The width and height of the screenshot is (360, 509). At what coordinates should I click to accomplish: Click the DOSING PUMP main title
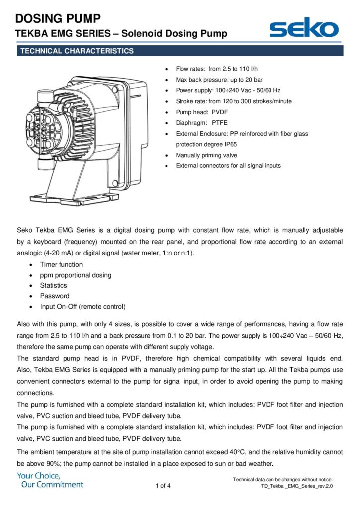click(x=58, y=19)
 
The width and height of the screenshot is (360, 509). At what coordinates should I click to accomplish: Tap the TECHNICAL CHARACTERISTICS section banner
click(x=76, y=51)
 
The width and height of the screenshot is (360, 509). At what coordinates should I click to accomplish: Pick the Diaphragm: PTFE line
click(x=201, y=123)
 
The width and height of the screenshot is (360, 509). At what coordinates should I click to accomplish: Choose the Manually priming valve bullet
click(x=206, y=155)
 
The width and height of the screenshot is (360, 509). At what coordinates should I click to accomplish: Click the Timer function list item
click(x=61, y=265)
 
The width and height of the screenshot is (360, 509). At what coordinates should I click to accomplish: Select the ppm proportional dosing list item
click(x=76, y=275)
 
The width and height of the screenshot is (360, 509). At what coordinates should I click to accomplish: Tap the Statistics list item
click(x=53, y=286)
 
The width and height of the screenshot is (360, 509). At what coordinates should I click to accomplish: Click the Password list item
click(x=55, y=296)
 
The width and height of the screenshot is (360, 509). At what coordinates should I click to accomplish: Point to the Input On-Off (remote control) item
click(x=83, y=307)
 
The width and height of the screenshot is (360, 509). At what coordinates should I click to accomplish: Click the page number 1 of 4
click(x=163, y=486)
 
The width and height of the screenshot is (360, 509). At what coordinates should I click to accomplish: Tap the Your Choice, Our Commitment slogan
click(x=50, y=480)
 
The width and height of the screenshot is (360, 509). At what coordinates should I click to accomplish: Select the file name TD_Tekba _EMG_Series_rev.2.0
click(x=296, y=486)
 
